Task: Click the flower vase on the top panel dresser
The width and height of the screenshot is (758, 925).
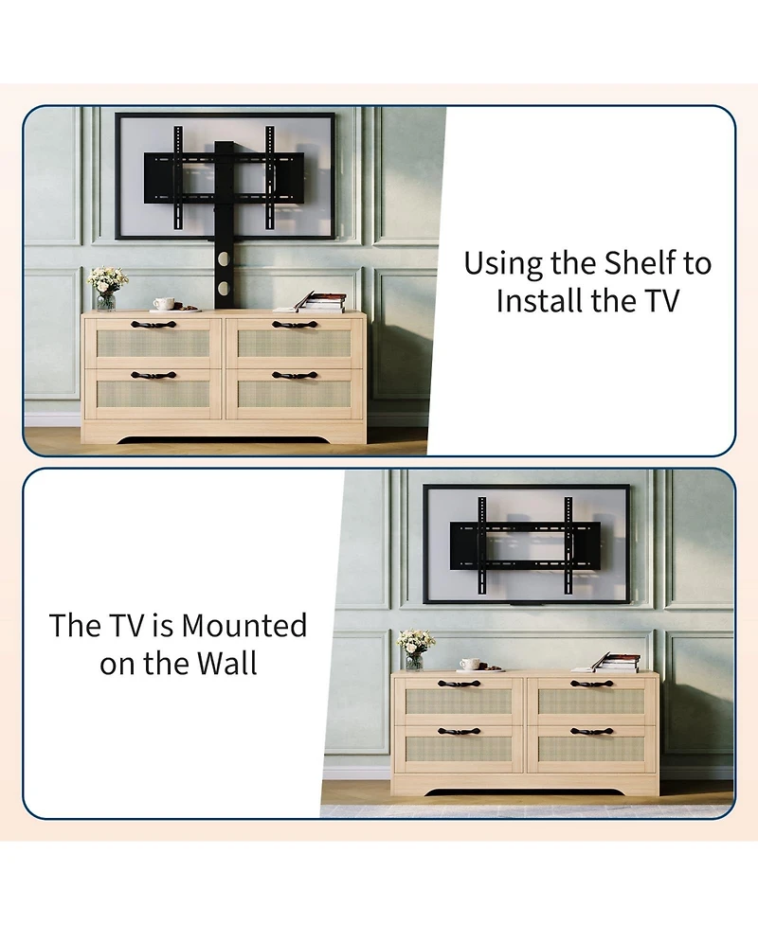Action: pos(106,288)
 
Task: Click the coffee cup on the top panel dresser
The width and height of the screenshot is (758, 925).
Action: pos(164,304)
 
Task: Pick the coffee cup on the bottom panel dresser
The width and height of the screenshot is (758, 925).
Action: pos(469,664)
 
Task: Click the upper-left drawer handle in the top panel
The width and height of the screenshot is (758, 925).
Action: pos(153,325)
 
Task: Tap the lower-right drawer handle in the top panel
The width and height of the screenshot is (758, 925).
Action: pos(294,375)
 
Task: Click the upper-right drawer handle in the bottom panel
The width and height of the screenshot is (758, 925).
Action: pos(591,683)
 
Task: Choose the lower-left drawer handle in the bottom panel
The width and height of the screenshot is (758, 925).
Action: pos(459,731)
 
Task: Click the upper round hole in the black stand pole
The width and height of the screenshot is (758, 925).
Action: pos(225,258)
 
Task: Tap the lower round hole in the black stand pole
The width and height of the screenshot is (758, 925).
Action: pos(225,287)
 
